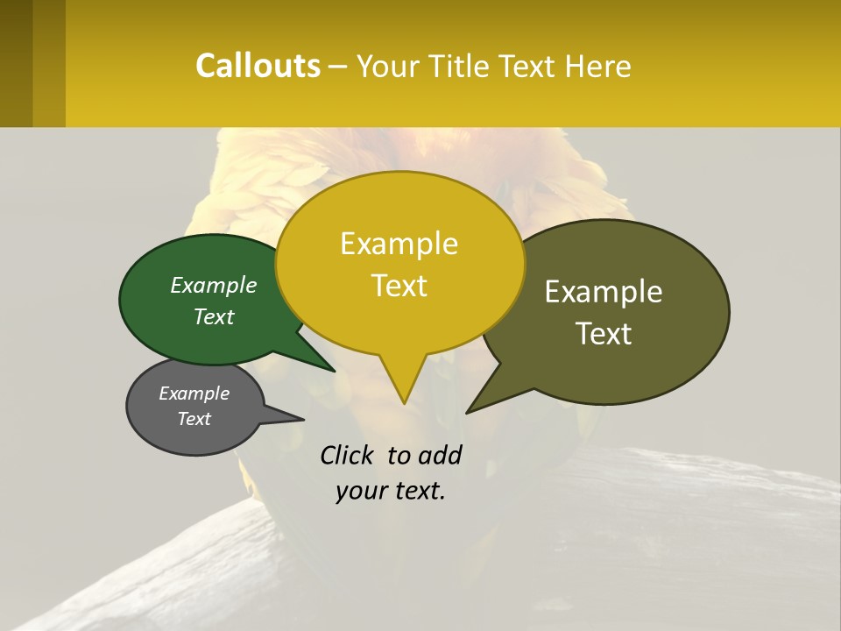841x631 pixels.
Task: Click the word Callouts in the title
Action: pos(258,66)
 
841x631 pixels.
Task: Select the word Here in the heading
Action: pos(599,67)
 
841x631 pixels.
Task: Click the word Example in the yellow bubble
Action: pos(399,244)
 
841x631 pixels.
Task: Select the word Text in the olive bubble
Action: pos(604,334)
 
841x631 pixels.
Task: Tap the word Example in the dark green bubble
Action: pos(214,285)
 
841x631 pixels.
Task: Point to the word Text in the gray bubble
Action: pos(194,419)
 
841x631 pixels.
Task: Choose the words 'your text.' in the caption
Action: pos(391,491)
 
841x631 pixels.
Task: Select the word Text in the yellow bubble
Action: pos(399,286)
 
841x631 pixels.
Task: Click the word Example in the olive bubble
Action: pos(604,292)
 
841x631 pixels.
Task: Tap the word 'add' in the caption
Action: pos(439,455)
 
